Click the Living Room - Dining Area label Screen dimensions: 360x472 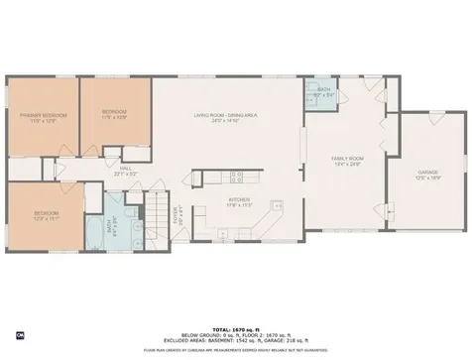click(x=225, y=116)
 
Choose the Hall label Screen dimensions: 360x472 click(x=125, y=169)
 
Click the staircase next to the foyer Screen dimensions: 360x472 click(x=160, y=213)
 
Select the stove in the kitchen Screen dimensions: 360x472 click(x=236, y=178)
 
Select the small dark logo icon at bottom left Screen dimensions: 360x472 click(x=7, y=332)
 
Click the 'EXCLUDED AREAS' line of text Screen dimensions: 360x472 click(x=235, y=340)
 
